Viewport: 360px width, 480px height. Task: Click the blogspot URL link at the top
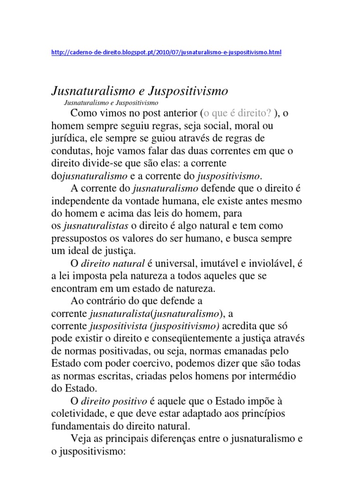[x=166, y=53]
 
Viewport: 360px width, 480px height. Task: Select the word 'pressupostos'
[x=78, y=239]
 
